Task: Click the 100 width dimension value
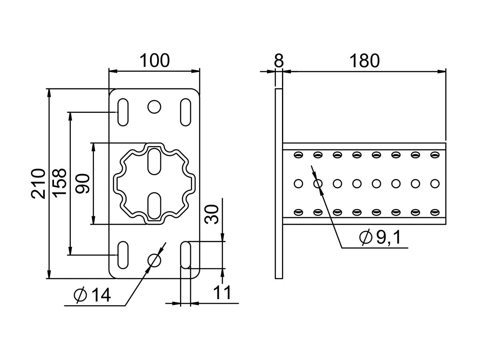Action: (154, 61)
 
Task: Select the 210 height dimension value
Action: (38, 184)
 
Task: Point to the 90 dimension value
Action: (83, 184)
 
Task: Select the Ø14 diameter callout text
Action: (92, 296)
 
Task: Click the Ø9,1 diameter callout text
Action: (380, 238)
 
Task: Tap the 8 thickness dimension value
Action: (279, 61)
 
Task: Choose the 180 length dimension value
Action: (364, 61)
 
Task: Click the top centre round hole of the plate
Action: (154, 106)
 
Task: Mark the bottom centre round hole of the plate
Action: (154, 260)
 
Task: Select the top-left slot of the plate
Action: (123, 112)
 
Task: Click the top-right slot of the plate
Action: (185, 112)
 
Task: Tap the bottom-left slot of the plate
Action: (123, 254)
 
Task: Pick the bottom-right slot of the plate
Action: (185, 254)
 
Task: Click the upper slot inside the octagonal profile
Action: (154, 161)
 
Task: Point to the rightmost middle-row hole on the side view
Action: (435, 184)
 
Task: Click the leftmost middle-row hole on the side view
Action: (298, 184)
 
